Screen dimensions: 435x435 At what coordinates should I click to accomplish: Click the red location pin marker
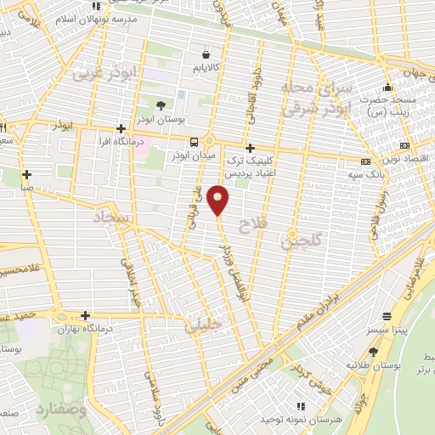pyautogui.click(x=218, y=199)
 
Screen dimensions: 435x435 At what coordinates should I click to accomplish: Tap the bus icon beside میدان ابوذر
pyautogui.click(x=195, y=142)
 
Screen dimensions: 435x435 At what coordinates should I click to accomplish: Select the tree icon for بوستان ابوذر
pyautogui.click(x=161, y=105)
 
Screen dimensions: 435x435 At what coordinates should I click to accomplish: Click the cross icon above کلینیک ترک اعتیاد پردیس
pyautogui.click(x=250, y=147)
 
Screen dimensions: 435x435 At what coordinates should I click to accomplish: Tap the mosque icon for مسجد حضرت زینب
pyautogui.click(x=388, y=87)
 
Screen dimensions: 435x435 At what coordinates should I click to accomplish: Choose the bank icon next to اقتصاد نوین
pyautogui.click(x=365, y=161)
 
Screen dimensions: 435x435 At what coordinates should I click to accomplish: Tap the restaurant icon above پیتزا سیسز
pyautogui.click(x=387, y=314)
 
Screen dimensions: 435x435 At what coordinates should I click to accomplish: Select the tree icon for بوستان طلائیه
pyautogui.click(x=373, y=351)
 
